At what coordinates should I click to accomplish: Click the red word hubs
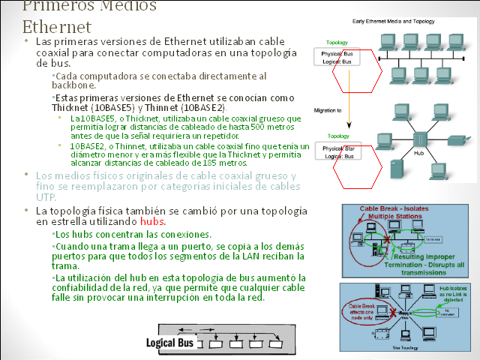(152, 222)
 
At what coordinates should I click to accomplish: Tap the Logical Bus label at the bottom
(169, 343)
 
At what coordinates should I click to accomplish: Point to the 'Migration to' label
(328, 110)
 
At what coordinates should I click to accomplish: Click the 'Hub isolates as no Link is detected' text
(454, 292)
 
